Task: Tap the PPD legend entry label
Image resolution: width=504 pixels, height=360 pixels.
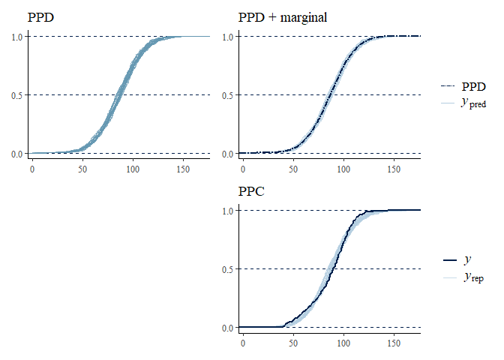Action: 472,86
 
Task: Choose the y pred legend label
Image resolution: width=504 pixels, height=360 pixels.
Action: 474,103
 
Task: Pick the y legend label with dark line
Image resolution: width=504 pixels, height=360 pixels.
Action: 468,259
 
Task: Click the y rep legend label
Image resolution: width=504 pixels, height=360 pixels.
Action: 472,277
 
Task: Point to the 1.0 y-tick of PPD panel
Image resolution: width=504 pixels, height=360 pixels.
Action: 16,37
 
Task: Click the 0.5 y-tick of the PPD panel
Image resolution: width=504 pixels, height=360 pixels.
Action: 16,95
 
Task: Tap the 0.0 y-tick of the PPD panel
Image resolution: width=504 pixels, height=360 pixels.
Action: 16,154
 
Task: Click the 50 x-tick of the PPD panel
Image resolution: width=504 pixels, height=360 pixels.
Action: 82,169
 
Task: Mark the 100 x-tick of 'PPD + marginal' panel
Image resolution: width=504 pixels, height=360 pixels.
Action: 343,169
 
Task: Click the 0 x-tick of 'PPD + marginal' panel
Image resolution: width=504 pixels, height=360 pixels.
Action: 242,169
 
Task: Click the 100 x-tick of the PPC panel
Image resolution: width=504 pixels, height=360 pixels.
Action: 343,343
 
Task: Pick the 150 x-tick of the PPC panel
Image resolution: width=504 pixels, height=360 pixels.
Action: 394,343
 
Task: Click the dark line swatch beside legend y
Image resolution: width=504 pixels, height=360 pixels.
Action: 450,259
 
